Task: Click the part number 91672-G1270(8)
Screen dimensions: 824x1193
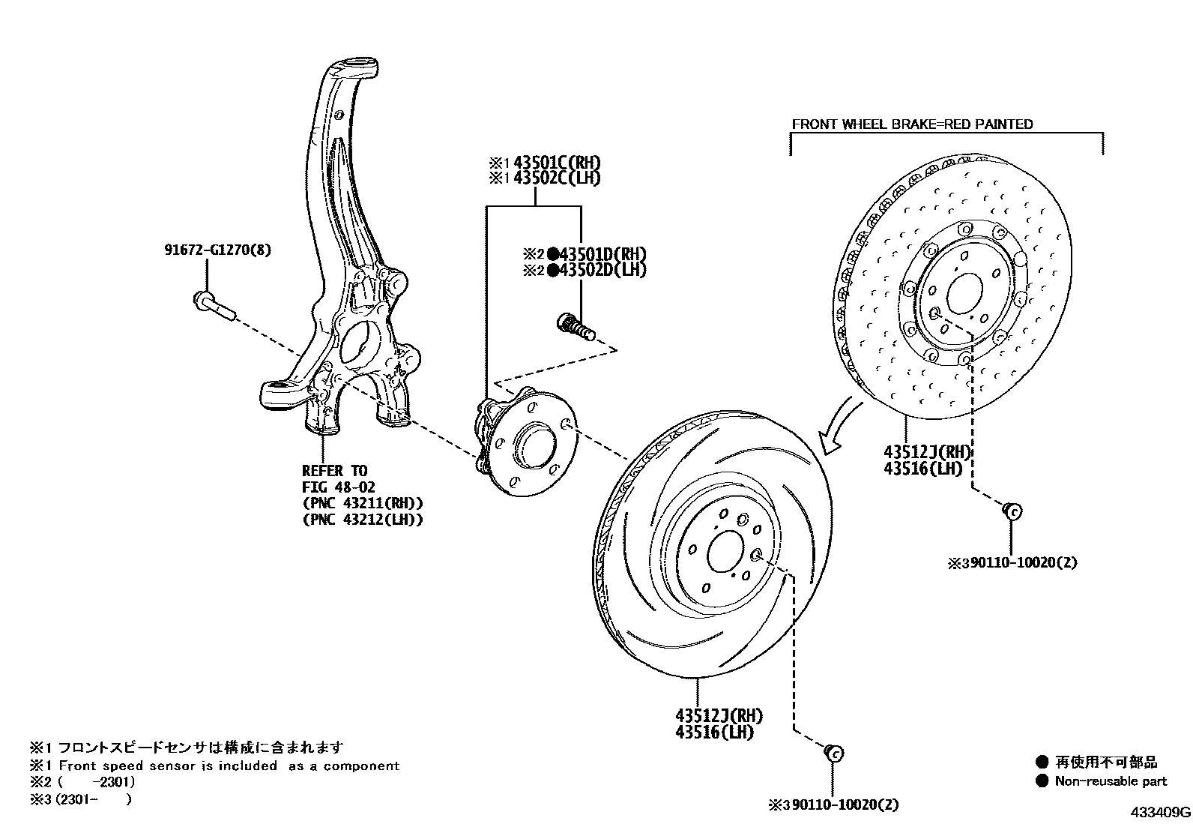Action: [217, 250]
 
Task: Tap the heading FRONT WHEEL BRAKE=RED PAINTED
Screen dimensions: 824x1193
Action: [912, 124]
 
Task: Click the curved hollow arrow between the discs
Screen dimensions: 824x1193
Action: [839, 425]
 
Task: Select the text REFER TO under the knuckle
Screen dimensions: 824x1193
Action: [334, 471]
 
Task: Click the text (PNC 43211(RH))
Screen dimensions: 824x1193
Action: [362, 503]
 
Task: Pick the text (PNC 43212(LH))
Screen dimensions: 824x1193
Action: [362, 519]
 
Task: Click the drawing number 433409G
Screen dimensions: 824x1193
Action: [1161, 812]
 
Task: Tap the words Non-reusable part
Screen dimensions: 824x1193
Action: [1111, 781]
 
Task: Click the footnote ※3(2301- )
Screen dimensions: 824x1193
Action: [81, 799]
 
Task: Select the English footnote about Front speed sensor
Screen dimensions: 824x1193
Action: [214, 766]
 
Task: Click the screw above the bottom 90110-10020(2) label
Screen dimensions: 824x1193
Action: [833, 751]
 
